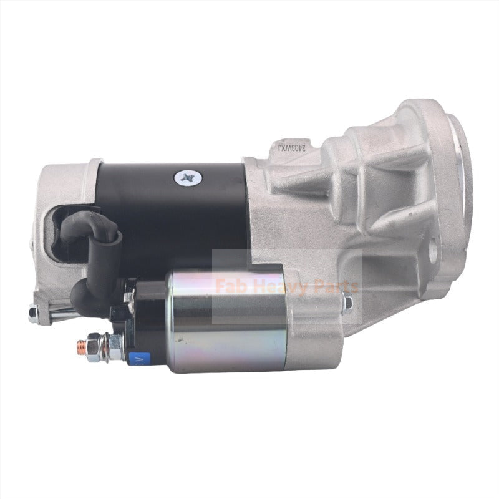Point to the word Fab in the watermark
coord(230,288)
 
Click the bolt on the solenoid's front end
coord(347,303)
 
